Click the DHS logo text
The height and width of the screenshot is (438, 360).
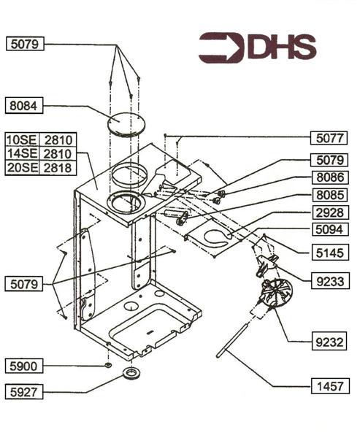point(281,47)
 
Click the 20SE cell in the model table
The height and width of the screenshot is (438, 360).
point(21,167)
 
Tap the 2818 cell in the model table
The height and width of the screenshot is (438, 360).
point(57,167)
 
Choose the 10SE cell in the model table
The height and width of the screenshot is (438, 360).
point(21,139)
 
